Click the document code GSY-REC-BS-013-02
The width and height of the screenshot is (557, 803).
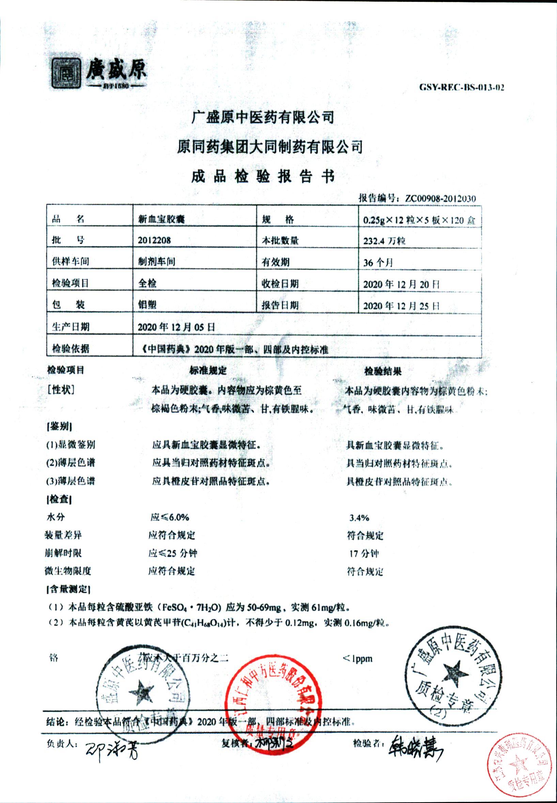461,87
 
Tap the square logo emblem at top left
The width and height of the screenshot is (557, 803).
66,73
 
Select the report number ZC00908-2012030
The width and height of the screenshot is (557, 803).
440,199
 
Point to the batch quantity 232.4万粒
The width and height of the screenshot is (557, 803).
384,241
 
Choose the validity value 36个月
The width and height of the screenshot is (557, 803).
378,262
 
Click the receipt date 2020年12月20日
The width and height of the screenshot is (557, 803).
401,284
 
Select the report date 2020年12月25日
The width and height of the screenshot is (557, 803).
401,306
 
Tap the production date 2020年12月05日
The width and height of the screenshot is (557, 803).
176,327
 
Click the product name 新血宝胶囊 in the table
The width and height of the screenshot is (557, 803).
161,219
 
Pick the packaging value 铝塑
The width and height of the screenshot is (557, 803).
147,305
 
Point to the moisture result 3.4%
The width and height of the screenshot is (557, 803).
359,518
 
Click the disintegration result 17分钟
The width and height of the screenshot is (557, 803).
364,554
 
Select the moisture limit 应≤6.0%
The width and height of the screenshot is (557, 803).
170,517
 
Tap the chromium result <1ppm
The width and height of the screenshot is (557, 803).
357,659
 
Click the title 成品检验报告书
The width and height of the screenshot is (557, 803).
263,176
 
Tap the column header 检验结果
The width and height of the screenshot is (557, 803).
383,371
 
